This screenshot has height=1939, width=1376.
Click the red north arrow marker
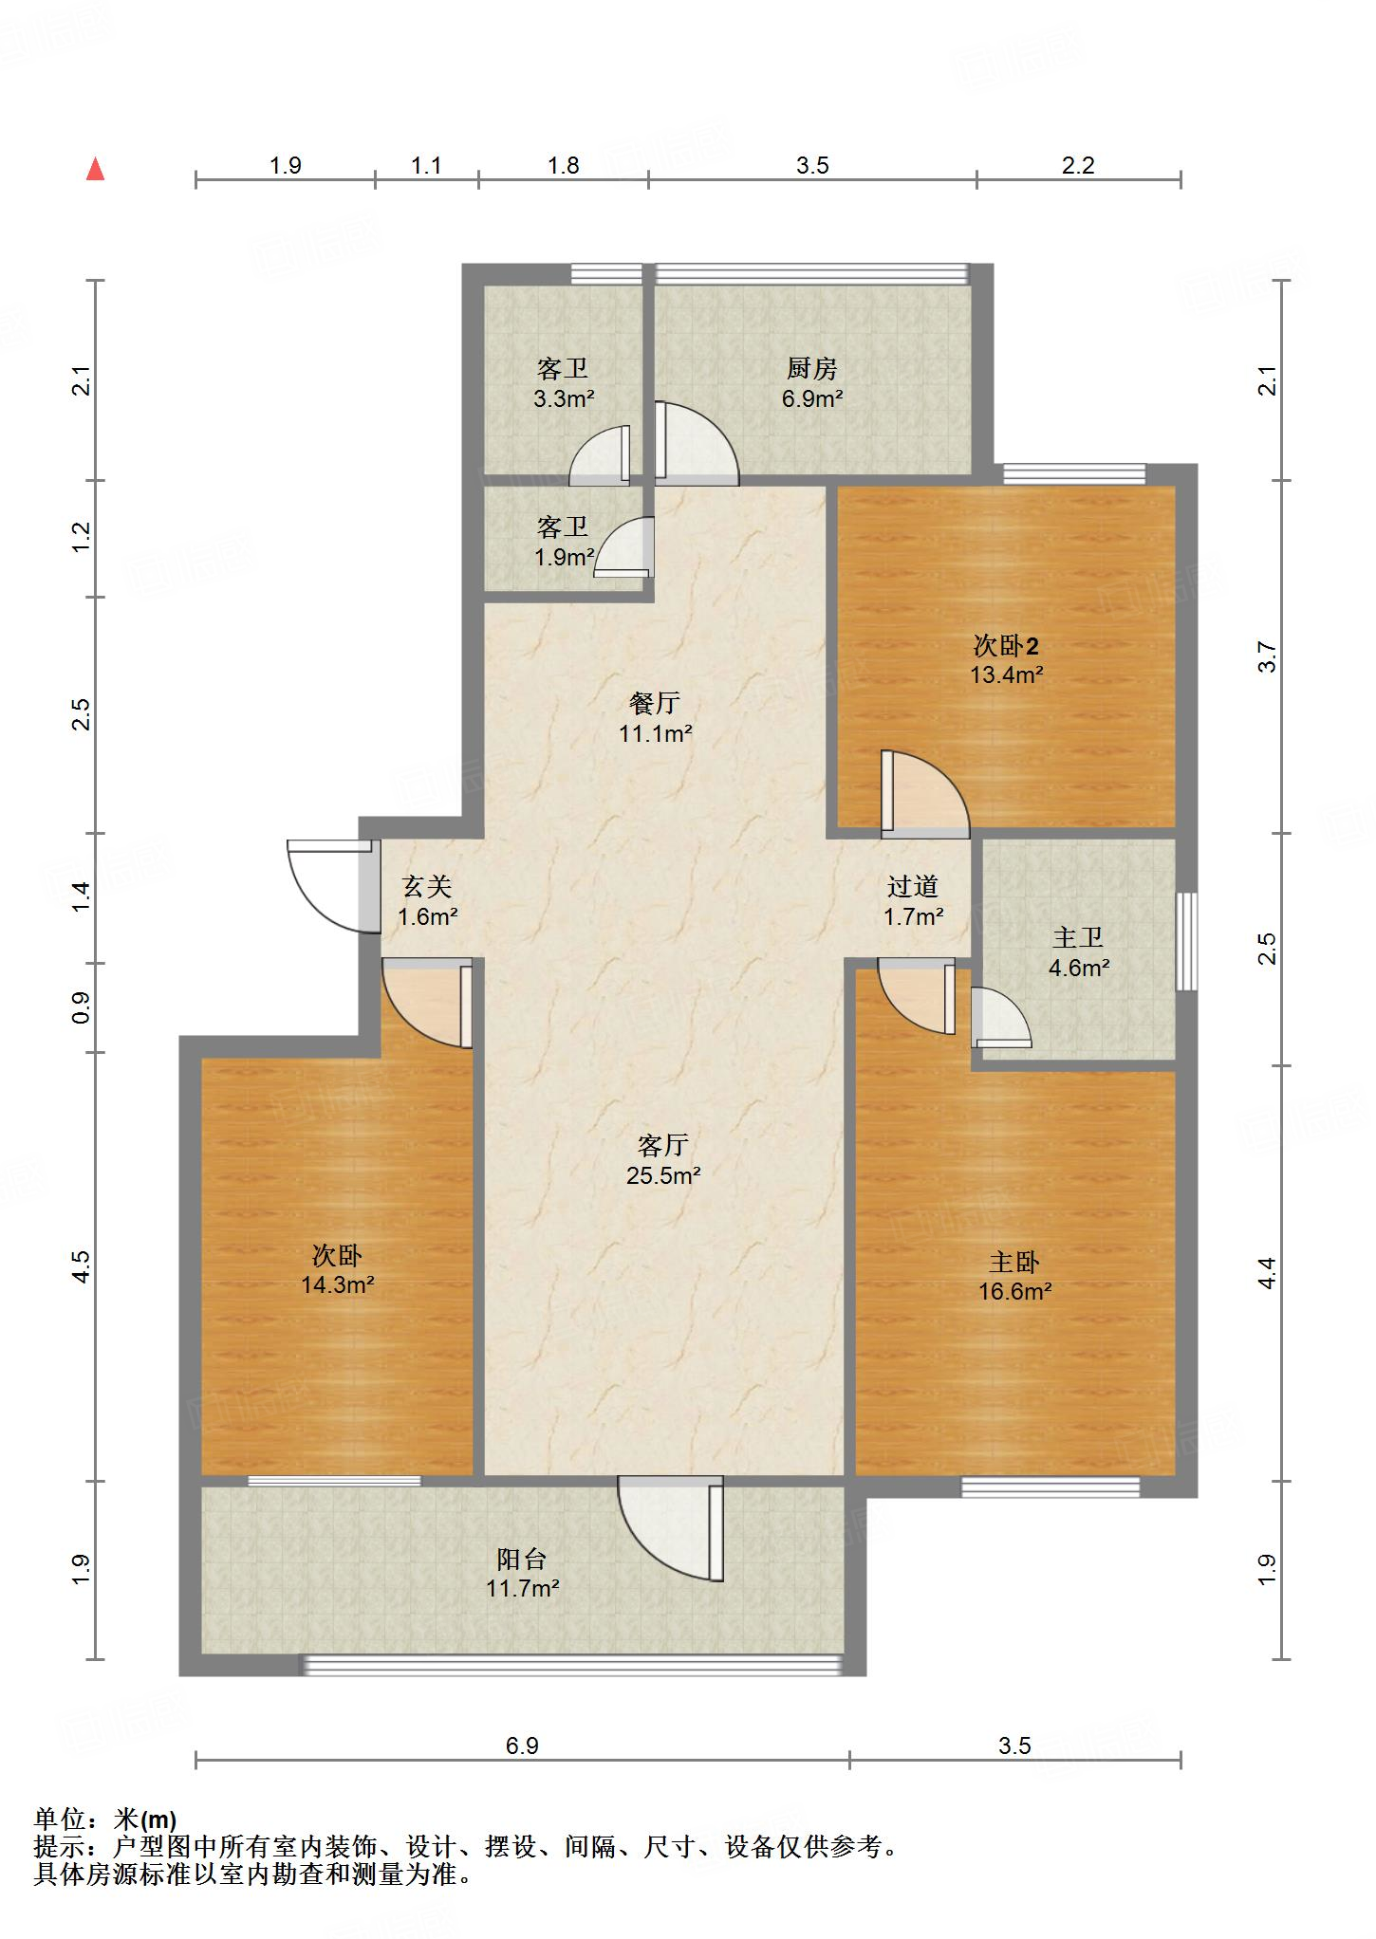(95, 169)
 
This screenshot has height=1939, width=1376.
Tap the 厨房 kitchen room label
(812, 368)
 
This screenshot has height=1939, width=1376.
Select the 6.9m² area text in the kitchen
(812, 399)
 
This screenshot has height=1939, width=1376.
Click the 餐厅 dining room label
(655, 703)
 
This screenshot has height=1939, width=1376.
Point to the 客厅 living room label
(662, 1146)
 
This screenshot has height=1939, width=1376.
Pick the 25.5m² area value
(663, 1176)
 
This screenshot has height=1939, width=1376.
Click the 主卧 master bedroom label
(1014, 1262)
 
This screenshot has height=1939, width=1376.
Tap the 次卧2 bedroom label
(1007, 646)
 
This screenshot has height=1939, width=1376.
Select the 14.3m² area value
(337, 1285)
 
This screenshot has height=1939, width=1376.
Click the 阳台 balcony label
(522, 1559)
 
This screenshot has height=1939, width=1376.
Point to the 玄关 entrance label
(427, 887)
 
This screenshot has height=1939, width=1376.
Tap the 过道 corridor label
(913, 887)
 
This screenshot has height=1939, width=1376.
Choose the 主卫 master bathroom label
(1079, 938)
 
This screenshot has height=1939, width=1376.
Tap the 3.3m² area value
(564, 399)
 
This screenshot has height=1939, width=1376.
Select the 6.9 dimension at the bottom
(522, 1745)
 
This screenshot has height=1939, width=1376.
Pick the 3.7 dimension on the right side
(1267, 656)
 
